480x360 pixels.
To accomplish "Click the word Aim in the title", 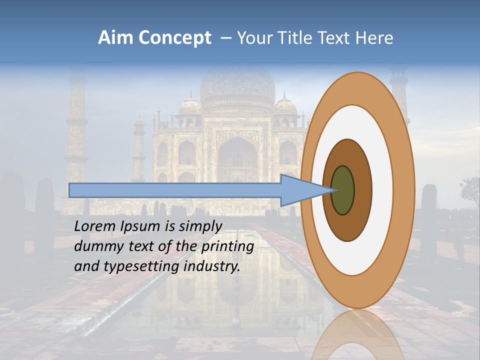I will pyautogui.click(x=116, y=38).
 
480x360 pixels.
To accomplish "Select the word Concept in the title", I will pyautogui.click(x=175, y=38).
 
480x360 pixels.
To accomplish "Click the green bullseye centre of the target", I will pyautogui.click(x=342, y=190).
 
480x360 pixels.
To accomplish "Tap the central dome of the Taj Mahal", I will pyautogui.click(x=237, y=87).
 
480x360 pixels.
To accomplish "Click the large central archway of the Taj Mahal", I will pyautogui.click(x=237, y=160).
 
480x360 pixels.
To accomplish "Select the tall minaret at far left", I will pyautogui.click(x=76, y=125).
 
